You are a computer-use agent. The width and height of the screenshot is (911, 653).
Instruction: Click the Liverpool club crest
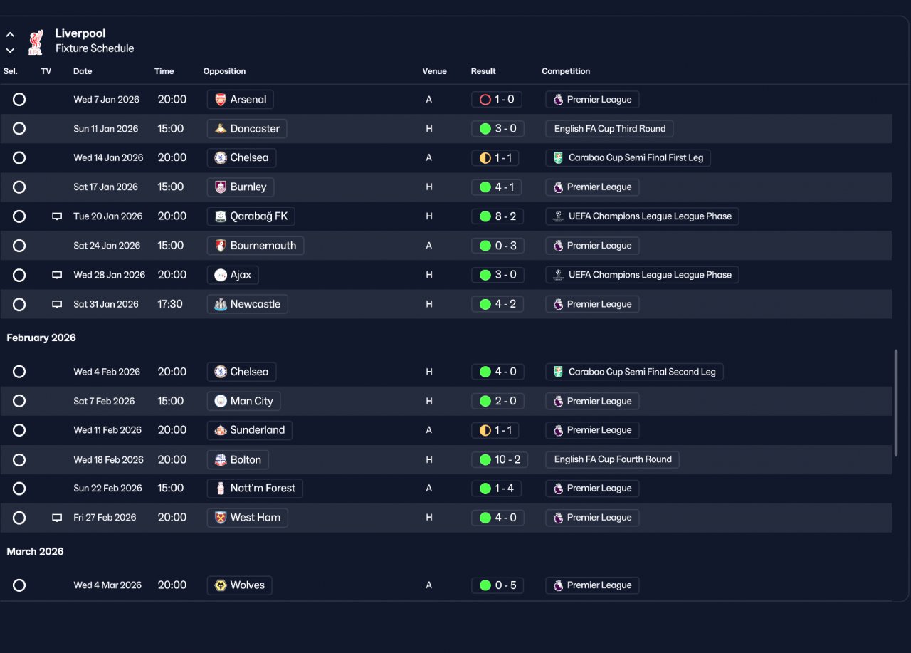pyautogui.click(x=36, y=41)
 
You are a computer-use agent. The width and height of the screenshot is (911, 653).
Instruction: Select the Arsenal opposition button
pyautogui.click(x=240, y=99)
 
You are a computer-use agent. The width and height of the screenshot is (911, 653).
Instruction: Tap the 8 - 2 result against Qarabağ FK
pyautogui.click(x=497, y=216)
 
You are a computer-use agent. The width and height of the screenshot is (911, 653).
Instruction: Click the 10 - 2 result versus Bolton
pyautogui.click(x=500, y=459)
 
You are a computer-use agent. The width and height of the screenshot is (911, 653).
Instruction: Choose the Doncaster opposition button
pyautogui.click(x=246, y=129)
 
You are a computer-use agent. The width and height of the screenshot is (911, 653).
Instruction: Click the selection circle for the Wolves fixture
pyautogui.click(x=19, y=585)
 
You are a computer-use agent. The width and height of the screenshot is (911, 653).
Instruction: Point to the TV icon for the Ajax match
pyautogui.click(x=57, y=275)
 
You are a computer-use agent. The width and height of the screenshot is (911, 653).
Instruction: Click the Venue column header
pyautogui.click(x=434, y=71)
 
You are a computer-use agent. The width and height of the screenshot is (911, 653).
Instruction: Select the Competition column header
pyautogui.click(x=566, y=71)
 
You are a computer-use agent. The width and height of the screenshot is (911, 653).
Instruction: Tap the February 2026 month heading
pyautogui.click(x=41, y=338)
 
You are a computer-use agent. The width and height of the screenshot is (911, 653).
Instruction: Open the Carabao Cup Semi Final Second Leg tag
pyautogui.click(x=634, y=372)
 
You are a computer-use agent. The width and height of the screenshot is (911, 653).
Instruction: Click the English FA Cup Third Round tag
pyautogui.click(x=609, y=129)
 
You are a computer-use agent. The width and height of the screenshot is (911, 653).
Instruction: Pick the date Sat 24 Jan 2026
pyautogui.click(x=107, y=246)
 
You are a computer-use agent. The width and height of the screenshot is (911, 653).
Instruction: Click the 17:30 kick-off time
pyautogui.click(x=170, y=304)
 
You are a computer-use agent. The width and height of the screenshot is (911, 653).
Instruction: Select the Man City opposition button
pyautogui.click(x=243, y=401)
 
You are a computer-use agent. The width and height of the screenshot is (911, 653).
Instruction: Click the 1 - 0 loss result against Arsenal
pyautogui.click(x=496, y=99)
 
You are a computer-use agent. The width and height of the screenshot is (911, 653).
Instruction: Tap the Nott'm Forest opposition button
pyautogui.click(x=255, y=488)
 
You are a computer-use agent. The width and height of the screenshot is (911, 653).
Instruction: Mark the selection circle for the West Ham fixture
pyautogui.click(x=19, y=518)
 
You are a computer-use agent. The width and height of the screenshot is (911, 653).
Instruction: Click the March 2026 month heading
pyautogui.click(x=35, y=551)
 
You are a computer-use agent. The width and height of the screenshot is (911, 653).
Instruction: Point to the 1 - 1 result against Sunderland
pyautogui.click(x=495, y=430)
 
